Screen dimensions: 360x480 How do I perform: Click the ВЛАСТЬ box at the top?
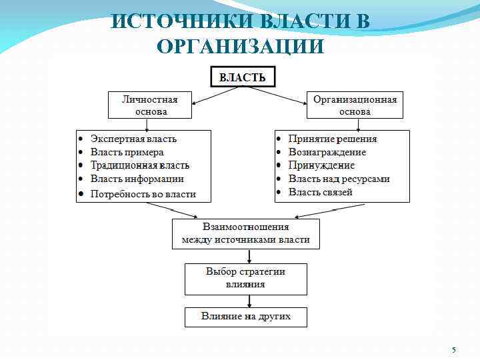pyautogui.click(x=243, y=77)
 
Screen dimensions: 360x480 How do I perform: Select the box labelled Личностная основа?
pyautogui.click(x=150, y=105)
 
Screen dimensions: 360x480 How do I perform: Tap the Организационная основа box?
pyautogui.click(x=355, y=105)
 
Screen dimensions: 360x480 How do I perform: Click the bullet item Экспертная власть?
pyautogui.click(x=133, y=139)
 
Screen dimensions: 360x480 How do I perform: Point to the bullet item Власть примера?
pyautogui.click(x=127, y=152)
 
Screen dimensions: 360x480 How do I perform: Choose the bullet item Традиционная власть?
pyautogui.click(x=140, y=165)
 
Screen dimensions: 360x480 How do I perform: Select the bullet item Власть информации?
pyautogui.click(x=137, y=179)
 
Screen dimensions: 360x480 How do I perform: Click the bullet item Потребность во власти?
pyautogui.click(x=143, y=193)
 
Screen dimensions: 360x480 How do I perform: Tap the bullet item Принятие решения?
pyautogui.click(x=332, y=139)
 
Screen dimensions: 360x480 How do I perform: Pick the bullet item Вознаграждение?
pyautogui.click(x=327, y=152)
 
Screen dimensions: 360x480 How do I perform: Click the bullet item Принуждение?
pyautogui.click(x=321, y=165)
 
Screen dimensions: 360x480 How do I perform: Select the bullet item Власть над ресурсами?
pyautogui.click(x=339, y=179)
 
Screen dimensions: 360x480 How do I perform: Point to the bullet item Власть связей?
pyautogui.click(x=320, y=192)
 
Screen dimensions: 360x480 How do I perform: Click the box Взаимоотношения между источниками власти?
pyautogui.click(x=245, y=233)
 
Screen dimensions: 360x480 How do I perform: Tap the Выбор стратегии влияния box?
pyautogui.click(x=245, y=278)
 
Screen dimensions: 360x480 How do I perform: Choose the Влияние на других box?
pyautogui.click(x=246, y=316)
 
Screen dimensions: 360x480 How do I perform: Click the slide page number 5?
pyautogui.click(x=453, y=350)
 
